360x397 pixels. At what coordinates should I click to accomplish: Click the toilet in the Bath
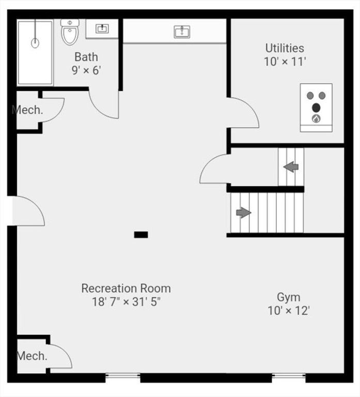[x=69, y=32]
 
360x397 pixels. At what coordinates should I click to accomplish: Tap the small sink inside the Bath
[x=102, y=28]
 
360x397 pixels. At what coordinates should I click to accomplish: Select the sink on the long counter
[x=181, y=32]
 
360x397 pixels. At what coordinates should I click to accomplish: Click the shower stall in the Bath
[x=35, y=52]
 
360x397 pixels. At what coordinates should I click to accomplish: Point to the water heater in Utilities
[x=316, y=108]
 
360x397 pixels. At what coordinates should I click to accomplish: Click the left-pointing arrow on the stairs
[x=291, y=166]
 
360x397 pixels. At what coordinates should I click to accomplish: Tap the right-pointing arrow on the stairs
[x=243, y=212]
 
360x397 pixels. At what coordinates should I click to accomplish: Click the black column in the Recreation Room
[x=141, y=235]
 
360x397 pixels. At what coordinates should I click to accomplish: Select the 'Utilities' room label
[x=285, y=48]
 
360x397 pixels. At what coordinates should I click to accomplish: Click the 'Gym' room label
[x=288, y=297]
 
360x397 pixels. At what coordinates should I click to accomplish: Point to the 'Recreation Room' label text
[x=126, y=288]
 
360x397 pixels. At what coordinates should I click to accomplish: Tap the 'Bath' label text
[x=86, y=57]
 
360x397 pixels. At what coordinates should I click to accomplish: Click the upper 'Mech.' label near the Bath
[x=27, y=110]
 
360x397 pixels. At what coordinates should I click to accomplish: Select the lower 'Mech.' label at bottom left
[x=32, y=356]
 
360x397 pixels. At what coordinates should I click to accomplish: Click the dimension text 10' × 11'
[x=285, y=62]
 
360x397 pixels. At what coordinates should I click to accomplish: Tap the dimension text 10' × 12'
[x=288, y=311]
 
